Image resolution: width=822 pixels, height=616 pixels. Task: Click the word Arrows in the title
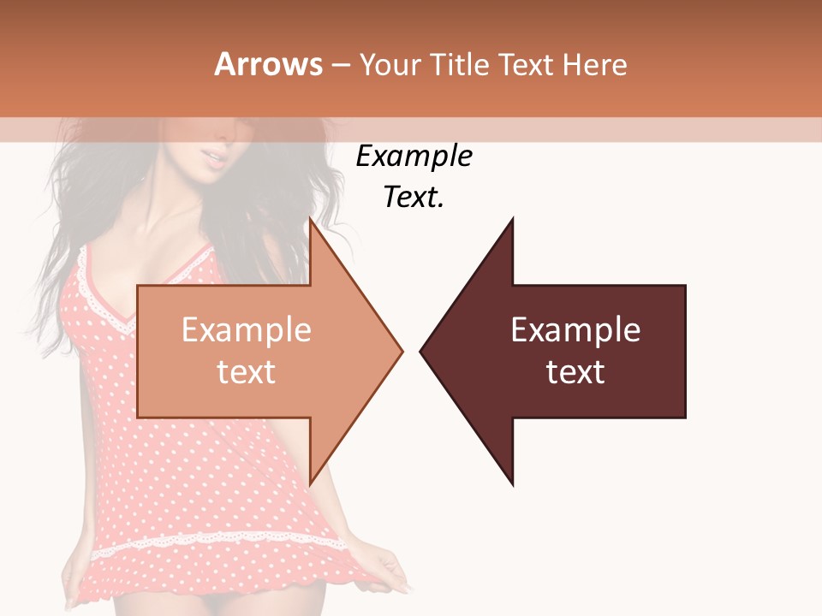click(268, 64)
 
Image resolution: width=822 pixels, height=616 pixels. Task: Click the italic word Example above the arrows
click(414, 157)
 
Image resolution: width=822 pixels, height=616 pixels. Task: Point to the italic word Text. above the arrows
click(414, 198)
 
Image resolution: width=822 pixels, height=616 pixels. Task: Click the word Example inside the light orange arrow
click(247, 330)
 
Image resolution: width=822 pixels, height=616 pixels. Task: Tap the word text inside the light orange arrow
click(247, 372)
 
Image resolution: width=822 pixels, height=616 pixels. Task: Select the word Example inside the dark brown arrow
click(575, 330)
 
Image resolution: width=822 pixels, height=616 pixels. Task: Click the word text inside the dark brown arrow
click(575, 372)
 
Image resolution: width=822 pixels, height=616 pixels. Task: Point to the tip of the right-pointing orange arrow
click(402, 351)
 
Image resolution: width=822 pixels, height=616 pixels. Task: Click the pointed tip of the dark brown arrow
click(421, 351)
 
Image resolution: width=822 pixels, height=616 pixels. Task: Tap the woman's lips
click(213, 157)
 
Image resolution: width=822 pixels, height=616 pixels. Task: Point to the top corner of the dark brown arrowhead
click(513, 219)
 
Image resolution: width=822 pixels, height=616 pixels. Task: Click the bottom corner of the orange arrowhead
click(310, 483)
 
